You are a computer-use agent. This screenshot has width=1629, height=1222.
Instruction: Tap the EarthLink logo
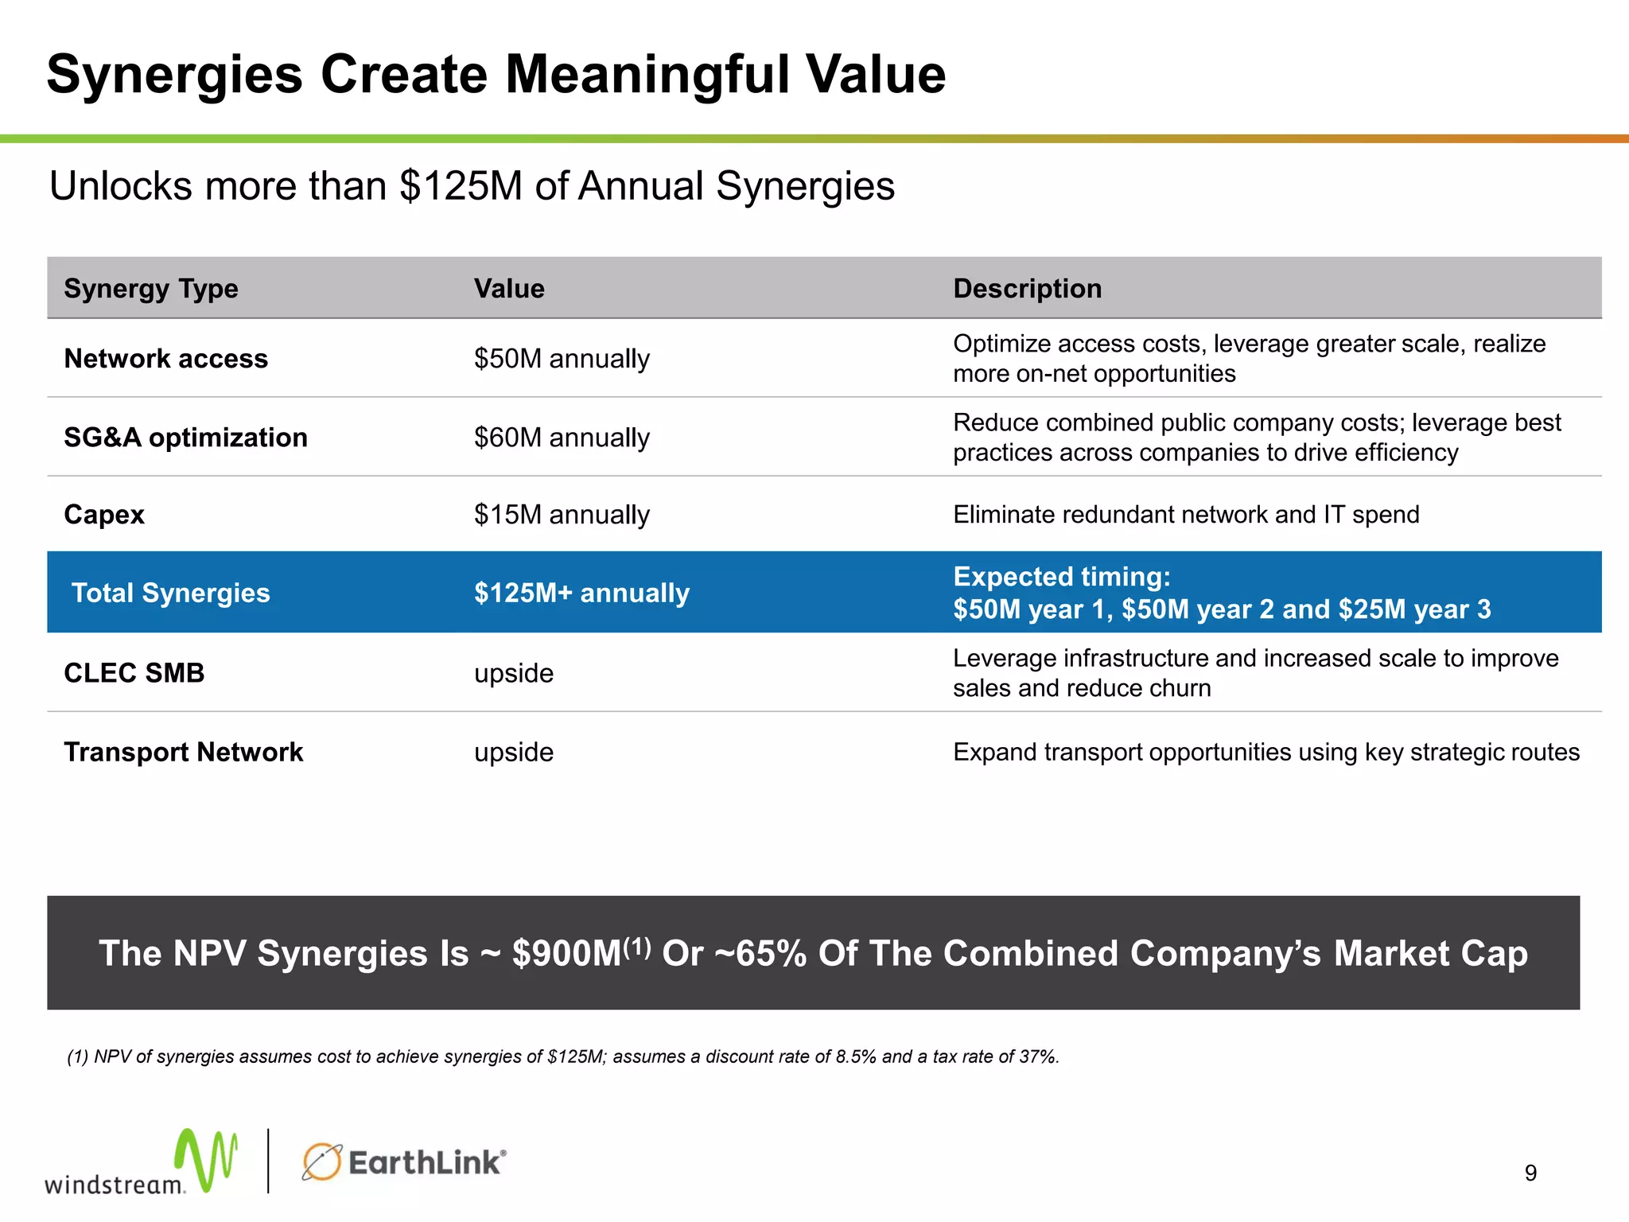tap(404, 1162)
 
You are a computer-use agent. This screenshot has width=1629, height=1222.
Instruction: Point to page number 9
tap(1530, 1173)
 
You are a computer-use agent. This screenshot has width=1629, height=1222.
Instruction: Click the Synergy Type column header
tap(151, 288)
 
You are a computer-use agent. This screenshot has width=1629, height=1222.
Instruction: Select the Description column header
tap(1027, 288)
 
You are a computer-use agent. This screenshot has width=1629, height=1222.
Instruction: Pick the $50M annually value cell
tap(562, 359)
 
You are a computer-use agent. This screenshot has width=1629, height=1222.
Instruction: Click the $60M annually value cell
tap(562, 438)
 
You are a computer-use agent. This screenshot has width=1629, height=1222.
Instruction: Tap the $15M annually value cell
tap(562, 515)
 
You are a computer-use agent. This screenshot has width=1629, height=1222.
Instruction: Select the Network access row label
tap(165, 359)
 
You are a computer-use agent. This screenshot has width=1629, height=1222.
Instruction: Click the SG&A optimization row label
tap(185, 438)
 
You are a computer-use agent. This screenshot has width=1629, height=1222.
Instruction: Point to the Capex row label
tap(104, 515)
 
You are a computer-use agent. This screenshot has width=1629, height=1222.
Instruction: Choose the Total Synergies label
tap(171, 593)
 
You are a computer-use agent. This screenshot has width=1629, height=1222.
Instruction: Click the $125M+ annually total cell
tap(581, 593)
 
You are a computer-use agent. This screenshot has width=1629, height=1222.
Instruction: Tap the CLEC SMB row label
tap(134, 673)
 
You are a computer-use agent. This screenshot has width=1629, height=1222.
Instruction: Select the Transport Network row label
tap(183, 752)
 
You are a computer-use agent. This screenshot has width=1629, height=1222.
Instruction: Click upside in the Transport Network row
tap(514, 752)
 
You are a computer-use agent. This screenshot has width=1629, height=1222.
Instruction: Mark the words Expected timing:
tap(1061, 576)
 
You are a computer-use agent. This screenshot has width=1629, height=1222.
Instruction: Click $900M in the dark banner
tap(566, 953)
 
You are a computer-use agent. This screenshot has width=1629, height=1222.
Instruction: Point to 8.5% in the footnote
tap(856, 1057)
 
